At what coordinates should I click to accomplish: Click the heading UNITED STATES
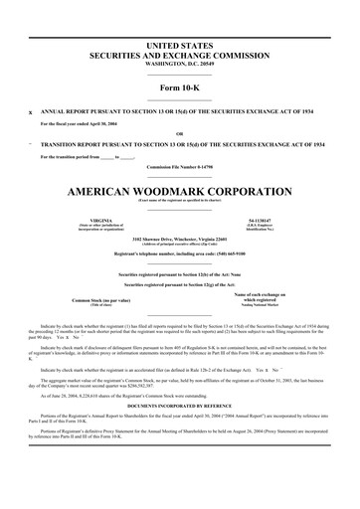click(180, 47)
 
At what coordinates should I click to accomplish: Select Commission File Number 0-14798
click(180, 166)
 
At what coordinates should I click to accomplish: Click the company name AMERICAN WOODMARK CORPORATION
click(180, 189)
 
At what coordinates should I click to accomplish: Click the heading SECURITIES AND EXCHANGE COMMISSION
click(180, 56)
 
